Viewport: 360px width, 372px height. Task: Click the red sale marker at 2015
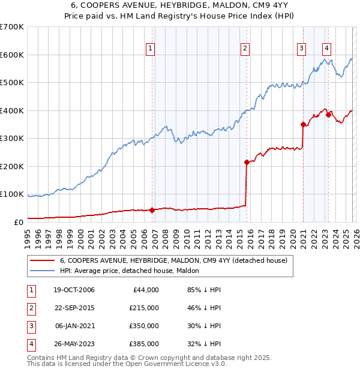247,162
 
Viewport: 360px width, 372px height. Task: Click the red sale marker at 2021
303,124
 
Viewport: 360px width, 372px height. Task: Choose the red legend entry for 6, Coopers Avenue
174,260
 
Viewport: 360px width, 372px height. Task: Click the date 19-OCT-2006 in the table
74,290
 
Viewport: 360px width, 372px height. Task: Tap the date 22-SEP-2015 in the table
74,308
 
